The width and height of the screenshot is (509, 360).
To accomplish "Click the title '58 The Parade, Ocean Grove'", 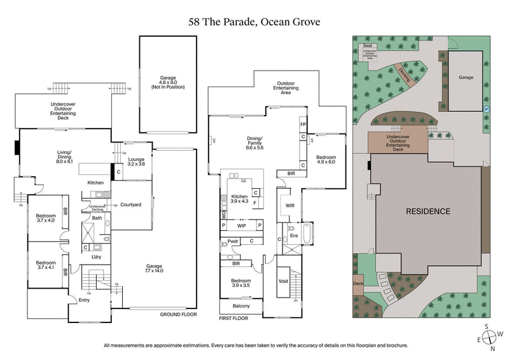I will (254, 22).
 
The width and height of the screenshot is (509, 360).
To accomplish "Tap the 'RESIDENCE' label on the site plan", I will (428, 211).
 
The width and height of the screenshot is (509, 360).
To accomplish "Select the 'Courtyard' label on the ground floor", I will (130, 205).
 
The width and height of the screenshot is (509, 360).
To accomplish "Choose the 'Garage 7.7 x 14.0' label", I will (154, 267).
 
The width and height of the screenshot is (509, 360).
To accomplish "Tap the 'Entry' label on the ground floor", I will (84, 300).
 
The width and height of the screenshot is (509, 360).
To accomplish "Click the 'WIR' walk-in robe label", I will (290, 205).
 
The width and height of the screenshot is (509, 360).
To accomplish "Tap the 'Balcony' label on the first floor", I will (241, 306).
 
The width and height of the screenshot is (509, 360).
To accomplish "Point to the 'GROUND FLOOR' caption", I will (179, 315).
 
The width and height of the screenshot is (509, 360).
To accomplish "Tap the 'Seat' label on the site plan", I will (367, 46).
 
